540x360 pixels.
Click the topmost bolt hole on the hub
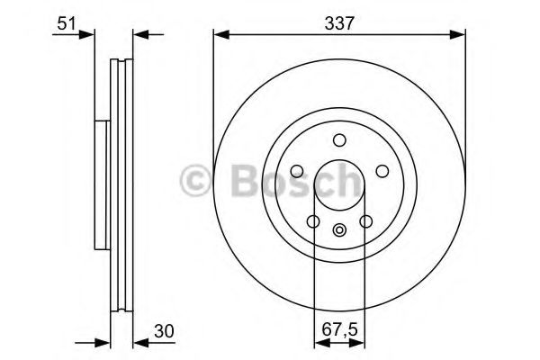tap(339, 139)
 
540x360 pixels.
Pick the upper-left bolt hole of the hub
tap(296, 171)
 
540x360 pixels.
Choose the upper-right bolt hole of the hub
tap(382, 171)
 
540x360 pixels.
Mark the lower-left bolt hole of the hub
tap(312, 221)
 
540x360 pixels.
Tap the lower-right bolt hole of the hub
tap(365, 221)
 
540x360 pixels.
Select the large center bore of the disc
tap(339, 184)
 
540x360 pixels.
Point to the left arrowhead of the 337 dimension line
tap(220, 36)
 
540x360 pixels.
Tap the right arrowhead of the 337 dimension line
tap(460, 36)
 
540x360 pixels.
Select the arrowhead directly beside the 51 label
tap(87, 36)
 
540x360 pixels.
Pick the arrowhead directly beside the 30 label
tap(139, 342)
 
